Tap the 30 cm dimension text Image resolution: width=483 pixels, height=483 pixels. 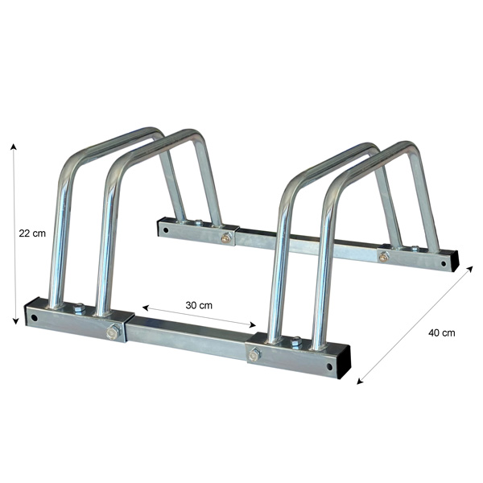[x=199, y=305]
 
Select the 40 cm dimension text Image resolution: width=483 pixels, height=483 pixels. [x=442, y=332]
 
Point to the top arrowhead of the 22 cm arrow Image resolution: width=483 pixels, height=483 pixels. [x=14, y=146]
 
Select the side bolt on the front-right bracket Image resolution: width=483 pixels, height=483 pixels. [x=254, y=354]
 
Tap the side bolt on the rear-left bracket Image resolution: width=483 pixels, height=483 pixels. [x=227, y=237]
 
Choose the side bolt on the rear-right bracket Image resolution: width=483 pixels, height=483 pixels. [x=383, y=257]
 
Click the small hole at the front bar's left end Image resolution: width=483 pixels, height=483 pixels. [x=35, y=317]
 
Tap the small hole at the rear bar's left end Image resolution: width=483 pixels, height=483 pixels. [x=164, y=229]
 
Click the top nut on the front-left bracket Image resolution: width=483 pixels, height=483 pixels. [x=79, y=308]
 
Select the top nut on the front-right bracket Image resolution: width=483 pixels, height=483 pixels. [x=295, y=343]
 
